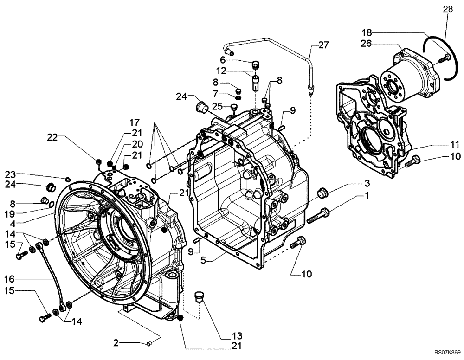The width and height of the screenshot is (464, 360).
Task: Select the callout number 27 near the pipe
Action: [x=323, y=45]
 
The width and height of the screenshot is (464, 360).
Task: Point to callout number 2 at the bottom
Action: [x=116, y=343]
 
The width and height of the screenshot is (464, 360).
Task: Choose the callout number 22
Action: [x=52, y=137]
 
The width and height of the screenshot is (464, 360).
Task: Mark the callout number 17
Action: [x=134, y=123]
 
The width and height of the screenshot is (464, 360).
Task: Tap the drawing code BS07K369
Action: [x=447, y=353]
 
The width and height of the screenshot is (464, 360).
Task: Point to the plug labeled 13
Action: [x=200, y=296]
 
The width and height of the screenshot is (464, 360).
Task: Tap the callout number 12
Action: [x=222, y=71]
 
